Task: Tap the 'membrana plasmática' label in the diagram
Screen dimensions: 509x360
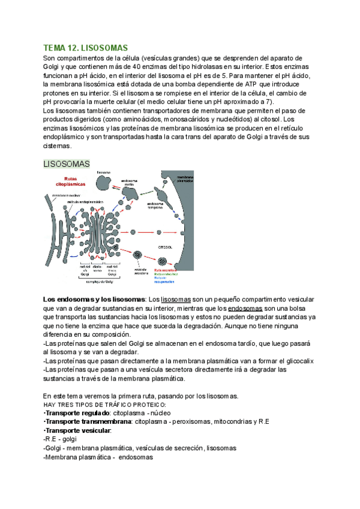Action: pyautogui.click(x=186, y=180)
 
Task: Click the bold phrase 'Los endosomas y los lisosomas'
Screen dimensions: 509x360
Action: pyautogui.click(x=94, y=299)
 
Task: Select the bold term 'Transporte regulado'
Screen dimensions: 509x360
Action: pyautogui.click(x=76, y=414)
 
